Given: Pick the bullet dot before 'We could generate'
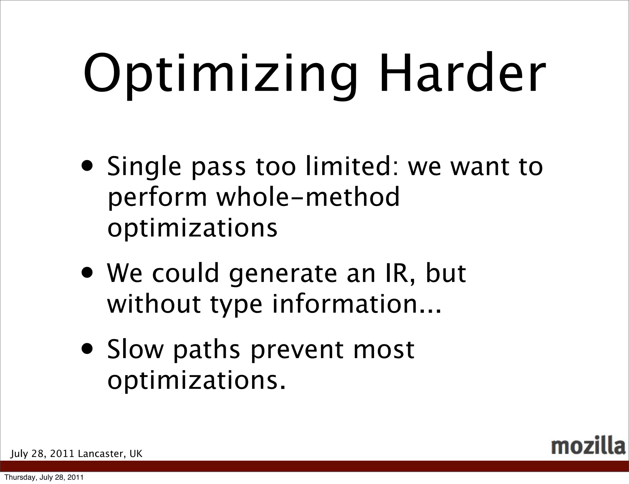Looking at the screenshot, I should click(x=88, y=273).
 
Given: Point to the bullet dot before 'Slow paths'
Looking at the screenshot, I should click(x=88, y=349).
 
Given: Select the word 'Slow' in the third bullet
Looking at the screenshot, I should click(x=135, y=349).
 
